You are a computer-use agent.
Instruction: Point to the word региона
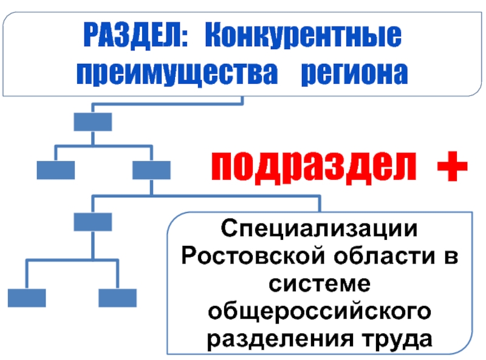[x=355, y=75]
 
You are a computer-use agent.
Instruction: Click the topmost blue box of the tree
[x=92, y=122]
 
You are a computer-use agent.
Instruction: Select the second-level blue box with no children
[x=55, y=170]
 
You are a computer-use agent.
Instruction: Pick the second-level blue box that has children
[x=151, y=170]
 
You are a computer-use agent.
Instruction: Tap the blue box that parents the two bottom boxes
[x=92, y=222]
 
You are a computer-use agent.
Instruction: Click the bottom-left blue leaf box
[x=26, y=297]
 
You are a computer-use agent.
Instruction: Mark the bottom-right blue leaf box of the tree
[x=117, y=297]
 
